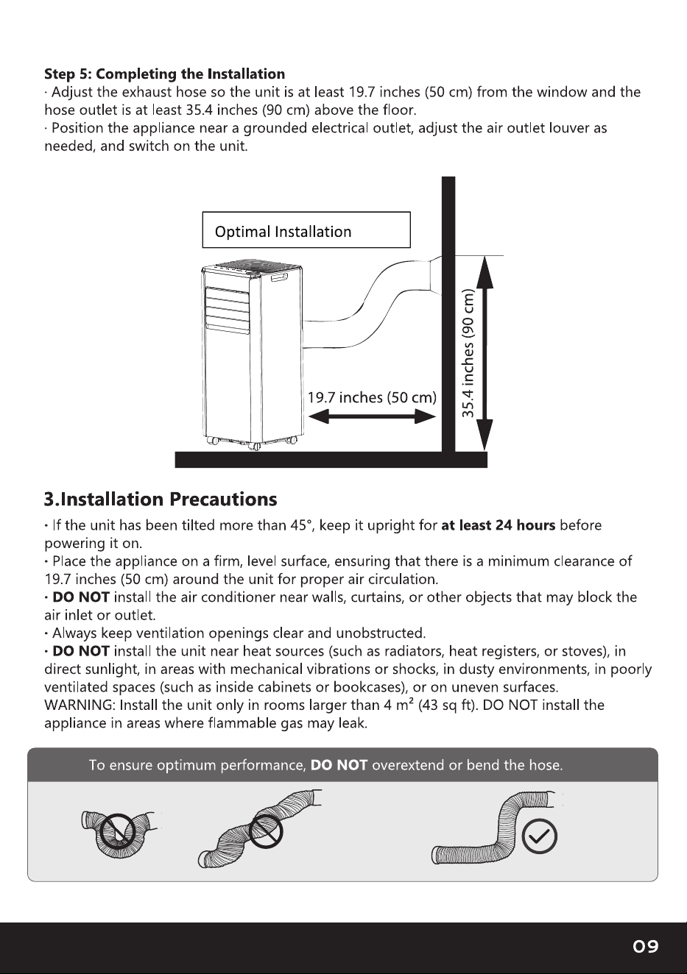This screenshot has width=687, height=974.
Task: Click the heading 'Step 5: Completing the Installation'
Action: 164,74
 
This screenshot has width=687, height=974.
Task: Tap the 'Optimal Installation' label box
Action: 306,230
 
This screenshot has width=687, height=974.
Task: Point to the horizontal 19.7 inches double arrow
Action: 373,417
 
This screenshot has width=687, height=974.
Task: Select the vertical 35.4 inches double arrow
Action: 485,353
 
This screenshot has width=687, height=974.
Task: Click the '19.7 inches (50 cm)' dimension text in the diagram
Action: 373,397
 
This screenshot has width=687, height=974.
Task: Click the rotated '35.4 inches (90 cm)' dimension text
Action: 468,353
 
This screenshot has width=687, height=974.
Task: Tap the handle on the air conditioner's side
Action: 280,277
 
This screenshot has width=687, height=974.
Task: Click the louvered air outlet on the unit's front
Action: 228,310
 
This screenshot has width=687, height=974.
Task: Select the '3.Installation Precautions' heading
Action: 161,500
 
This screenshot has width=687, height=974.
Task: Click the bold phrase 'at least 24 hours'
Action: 498,525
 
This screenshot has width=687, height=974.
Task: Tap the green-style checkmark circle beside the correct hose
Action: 540,836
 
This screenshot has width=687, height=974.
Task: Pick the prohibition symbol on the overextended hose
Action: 265,831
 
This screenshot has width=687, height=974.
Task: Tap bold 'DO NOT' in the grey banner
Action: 339,765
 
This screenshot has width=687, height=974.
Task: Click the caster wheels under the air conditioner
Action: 252,443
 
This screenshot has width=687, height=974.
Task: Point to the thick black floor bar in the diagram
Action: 331,460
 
